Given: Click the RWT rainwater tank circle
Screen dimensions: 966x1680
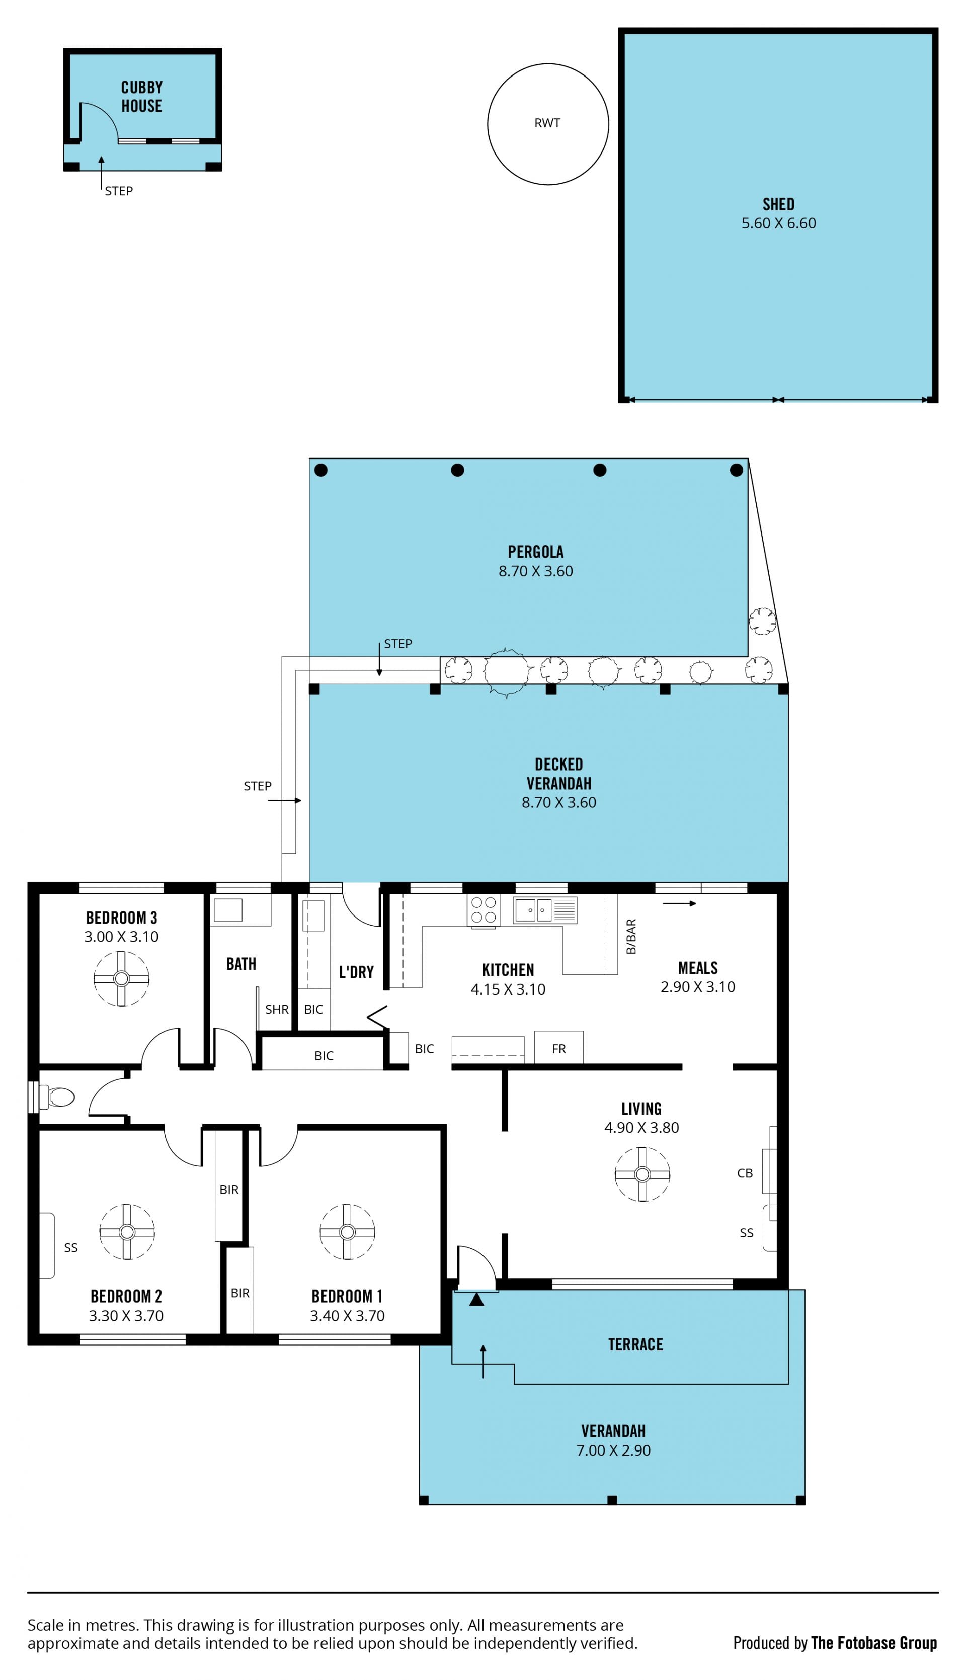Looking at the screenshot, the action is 488,124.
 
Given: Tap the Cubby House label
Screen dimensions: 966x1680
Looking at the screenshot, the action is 141,96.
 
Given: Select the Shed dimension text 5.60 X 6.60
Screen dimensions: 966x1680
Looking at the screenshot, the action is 778,223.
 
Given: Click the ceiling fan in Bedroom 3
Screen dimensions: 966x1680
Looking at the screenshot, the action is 121,979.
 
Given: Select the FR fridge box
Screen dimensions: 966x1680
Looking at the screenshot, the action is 558,1048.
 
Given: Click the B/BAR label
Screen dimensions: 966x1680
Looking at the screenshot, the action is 631,936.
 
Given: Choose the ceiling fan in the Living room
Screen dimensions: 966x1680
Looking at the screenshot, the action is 642,1174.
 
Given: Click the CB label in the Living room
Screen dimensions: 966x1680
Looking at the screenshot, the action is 745,1173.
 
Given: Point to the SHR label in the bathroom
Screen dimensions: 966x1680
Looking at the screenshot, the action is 277,1009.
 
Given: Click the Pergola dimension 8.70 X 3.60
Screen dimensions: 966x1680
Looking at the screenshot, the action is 535,571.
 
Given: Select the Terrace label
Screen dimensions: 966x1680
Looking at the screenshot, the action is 635,1344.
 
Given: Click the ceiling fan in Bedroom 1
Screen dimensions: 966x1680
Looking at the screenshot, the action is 347,1232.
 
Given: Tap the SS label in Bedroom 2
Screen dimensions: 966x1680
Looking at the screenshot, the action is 71,1247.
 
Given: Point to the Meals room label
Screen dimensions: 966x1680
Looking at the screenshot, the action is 697,967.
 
